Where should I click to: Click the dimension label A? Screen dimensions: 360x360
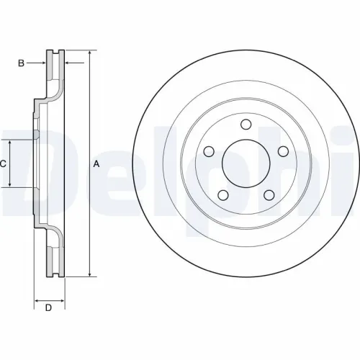[96, 164]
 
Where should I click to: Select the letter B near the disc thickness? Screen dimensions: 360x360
[22, 63]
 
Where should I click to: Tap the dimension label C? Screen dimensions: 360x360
[3, 163]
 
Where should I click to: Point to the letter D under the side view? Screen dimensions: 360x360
[48, 309]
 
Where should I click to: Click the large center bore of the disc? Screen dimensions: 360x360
[245, 164]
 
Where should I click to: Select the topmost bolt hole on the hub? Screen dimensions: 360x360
[245, 126]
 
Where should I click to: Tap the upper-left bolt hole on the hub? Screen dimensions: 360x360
[210, 152]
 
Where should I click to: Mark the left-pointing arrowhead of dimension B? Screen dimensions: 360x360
[68, 63]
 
